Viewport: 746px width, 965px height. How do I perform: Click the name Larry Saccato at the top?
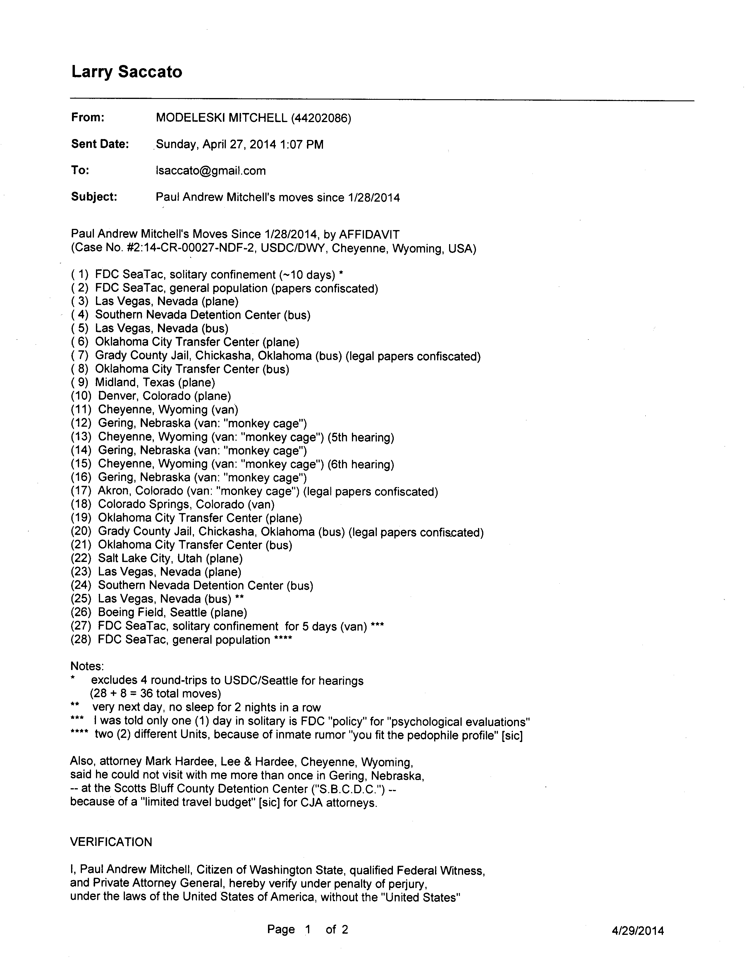[x=126, y=72]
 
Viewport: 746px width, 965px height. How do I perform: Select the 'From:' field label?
[x=87, y=118]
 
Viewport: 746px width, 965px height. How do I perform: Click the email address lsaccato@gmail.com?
[x=211, y=171]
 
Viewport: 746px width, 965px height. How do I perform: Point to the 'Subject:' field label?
[x=94, y=197]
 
